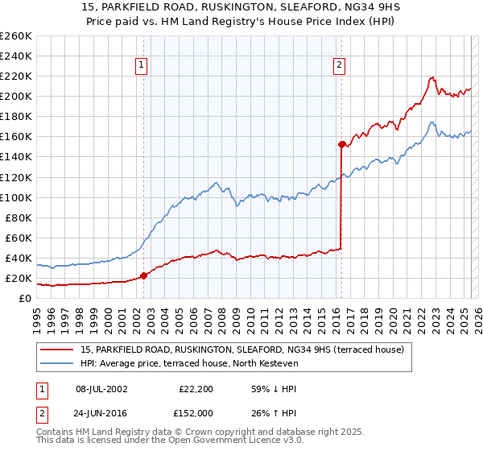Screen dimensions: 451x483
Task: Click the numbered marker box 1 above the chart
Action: coord(141,66)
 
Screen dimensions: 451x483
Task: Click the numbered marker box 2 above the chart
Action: coord(340,66)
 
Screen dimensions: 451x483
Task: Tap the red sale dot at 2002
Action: coord(143,275)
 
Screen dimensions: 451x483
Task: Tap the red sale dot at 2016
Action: coord(341,145)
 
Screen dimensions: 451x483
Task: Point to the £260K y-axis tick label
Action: coord(16,36)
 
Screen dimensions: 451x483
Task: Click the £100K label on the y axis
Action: coord(16,197)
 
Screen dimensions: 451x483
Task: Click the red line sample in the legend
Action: coord(58,350)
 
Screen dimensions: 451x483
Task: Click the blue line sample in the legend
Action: coord(58,364)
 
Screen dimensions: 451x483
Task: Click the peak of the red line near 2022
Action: coord(432,77)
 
